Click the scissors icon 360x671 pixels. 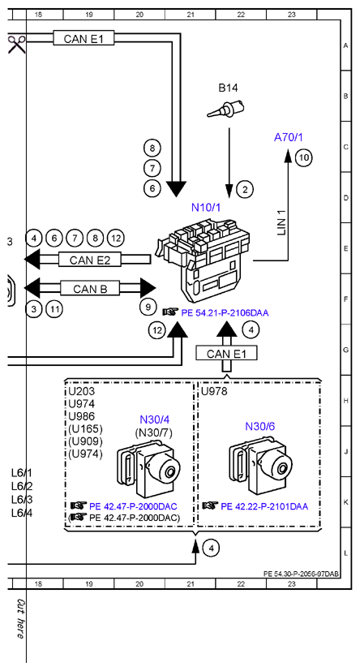tap(17, 44)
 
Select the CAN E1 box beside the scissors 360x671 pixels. tap(84, 38)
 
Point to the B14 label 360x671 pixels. tap(228, 88)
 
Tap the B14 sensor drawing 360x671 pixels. tap(225, 108)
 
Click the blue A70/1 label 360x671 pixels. tap(288, 138)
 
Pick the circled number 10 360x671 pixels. tap(304, 157)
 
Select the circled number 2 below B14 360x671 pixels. tap(245, 189)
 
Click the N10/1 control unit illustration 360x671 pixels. tap(204, 259)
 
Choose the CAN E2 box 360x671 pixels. tap(90, 260)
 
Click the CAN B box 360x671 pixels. tap(90, 289)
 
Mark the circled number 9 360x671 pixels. tap(148, 307)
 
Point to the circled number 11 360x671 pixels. tap(54, 309)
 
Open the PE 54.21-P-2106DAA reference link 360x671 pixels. tap(225, 313)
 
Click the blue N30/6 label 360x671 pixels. tap(259, 426)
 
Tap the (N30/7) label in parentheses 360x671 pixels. tap(153, 433)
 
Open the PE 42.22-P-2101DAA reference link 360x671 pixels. tap(264, 506)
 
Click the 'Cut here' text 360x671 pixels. tap(19, 619)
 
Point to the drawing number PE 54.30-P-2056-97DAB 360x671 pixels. tap(302, 574)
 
